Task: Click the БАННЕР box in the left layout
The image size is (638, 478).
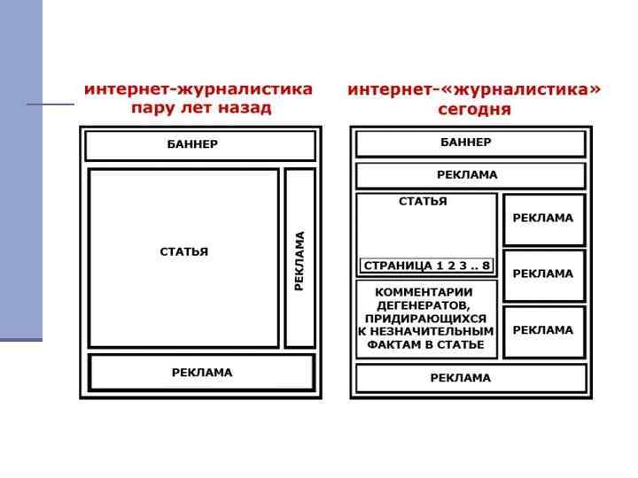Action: [198, 145]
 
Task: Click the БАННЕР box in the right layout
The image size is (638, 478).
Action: [470, 143]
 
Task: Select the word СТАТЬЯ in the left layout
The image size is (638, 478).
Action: [184, 252]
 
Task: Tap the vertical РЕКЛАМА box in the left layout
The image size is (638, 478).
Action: [300, 258]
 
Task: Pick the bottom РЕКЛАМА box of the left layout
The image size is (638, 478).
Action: [202, 373]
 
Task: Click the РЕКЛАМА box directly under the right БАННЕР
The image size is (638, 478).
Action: [470, 175]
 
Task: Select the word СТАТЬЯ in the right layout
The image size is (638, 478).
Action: [423, 202]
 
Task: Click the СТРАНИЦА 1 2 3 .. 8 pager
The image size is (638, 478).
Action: [426, 266]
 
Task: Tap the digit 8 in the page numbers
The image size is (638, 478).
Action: [486, 266]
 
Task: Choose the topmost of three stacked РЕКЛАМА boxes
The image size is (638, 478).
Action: [543, 219]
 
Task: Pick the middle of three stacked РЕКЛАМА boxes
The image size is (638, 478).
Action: [543, 274]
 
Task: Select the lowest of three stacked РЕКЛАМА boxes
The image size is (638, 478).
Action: [543, 330]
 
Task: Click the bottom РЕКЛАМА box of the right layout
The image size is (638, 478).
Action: [470, 378]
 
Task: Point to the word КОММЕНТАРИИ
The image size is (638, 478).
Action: [425, 292]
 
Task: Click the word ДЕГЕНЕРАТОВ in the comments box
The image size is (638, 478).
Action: [425, 305]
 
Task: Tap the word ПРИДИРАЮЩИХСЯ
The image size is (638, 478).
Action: [425, 318]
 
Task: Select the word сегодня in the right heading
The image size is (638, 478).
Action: [474, 111]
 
